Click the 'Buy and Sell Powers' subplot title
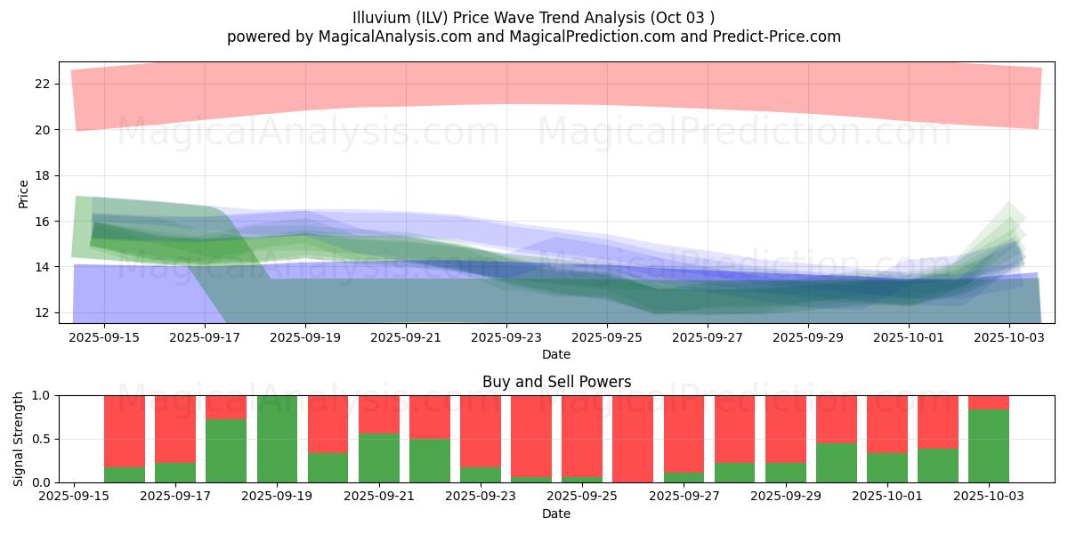[x=556, y=382]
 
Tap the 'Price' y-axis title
[x=23, y=193]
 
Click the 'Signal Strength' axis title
[x=19, y=439]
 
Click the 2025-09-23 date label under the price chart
[x=506, y=337]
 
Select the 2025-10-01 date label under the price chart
[x=909, y=337]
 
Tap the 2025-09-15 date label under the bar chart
[x=73, y=497]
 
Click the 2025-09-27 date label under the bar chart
[x=684, y=497]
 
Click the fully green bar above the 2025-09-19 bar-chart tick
[x=277, y=439]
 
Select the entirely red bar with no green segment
[x=633, y=439]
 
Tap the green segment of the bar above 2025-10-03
[x=989, y=446]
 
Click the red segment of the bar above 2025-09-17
[x=175, y=428]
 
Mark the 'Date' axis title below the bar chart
[x=556, y=514]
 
